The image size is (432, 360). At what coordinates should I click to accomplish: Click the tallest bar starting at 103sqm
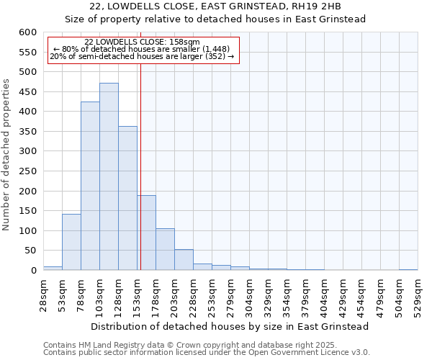click(109, 176)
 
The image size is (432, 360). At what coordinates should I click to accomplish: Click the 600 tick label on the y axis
click(27, 32)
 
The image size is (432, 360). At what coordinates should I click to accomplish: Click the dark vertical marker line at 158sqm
click(140, 166)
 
